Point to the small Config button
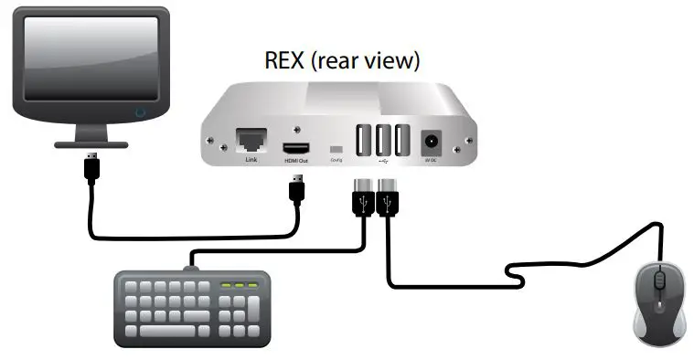(x=336, y=148)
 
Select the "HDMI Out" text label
(x=296, y=160)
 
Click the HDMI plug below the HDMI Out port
(x=296, y=191)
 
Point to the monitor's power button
(x=139, y=113)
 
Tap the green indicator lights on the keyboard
(x=240, y=287)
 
